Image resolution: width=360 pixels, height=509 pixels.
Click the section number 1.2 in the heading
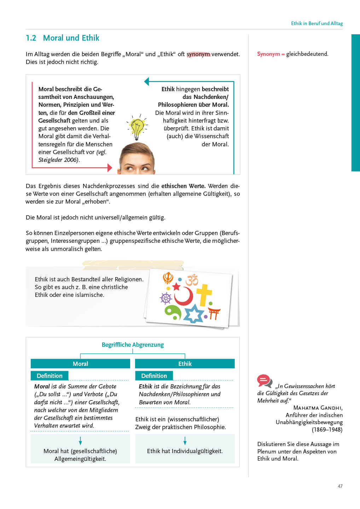[31, 38]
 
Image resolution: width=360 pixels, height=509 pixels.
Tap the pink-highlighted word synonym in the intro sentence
[198, 54]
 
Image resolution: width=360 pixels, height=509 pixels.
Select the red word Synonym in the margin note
[268, 54]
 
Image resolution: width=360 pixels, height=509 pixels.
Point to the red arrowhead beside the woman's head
[110, 168]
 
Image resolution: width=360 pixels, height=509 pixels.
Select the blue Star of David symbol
[193, 313]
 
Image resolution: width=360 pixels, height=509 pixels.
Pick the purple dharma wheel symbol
[166, 298]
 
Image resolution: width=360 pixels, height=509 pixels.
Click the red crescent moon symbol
[184, 296]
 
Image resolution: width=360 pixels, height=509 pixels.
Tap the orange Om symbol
[192, 280]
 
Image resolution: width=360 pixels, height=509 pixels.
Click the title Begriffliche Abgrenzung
[133, 345]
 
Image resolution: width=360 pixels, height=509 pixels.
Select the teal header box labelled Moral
[80, 364]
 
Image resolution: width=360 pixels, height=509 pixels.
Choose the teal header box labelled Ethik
[185, 364]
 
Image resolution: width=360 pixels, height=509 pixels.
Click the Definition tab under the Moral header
[50, 376]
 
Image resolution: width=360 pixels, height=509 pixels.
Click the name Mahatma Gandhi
[318, 408]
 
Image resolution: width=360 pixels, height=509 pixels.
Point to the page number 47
[340, 486]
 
